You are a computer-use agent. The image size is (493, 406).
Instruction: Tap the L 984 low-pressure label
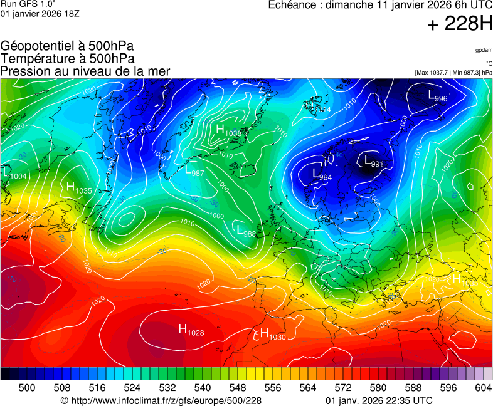pyautogui.click(x=322, y=175)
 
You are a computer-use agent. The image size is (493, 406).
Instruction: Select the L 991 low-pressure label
pyautogui.click(x=374, y=162)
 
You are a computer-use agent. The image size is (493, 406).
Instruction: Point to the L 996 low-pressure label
pyautogui.click(x=438, y=96)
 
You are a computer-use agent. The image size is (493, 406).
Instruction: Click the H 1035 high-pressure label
pyautogui.click(x=79, y=188)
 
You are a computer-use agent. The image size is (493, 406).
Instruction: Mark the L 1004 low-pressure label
pyautogui.click(x=14, y=174)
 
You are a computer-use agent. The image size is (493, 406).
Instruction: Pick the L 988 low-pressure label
pyautogui.click(x=246, y=231)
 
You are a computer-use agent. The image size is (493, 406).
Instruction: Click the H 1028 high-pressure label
pyautogui.click(x=191, y=330)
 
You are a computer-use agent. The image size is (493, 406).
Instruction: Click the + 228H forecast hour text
pyautogui.click(x=460, y=24)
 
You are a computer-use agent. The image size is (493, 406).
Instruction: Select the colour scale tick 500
pyautogui.click(x=26, y=388)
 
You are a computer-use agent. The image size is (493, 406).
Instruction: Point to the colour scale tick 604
pyautogui.click(x=483, y=388)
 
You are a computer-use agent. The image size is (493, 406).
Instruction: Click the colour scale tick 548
pyautogui.click(x=237, y=388)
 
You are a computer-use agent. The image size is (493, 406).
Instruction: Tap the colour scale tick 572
pyautogui.click(x=342, y=388)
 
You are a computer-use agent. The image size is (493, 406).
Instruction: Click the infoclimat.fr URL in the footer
pyautogui.click(x=161, y=400)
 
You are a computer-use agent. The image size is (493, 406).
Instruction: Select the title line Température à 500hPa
pyautogui.click(x=68, y=58)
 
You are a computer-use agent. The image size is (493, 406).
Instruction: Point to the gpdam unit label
pyautogui.click(x=484, y=50)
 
